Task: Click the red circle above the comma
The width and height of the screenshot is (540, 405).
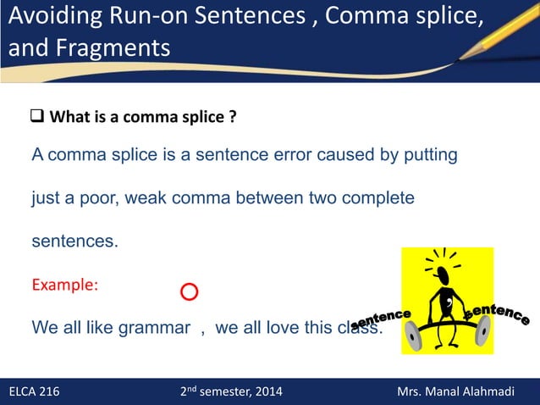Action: click(189, 292)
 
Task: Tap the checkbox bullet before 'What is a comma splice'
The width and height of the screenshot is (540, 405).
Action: click(37, 116)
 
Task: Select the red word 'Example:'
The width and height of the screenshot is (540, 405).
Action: click(65, 285)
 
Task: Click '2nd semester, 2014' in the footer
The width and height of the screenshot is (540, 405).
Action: click(232, 391)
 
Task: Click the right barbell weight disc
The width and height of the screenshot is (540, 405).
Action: click(483, 331)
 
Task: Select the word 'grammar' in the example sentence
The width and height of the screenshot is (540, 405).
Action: click(149, 328)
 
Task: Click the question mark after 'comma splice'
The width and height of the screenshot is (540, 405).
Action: click(232, 117)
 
